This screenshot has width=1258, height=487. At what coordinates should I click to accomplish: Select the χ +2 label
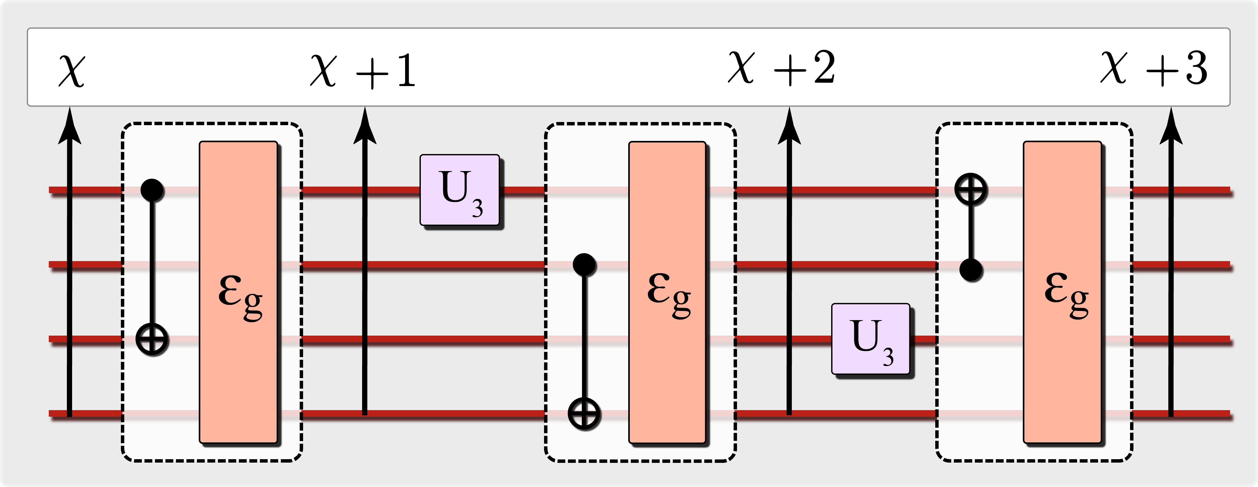coord(781,68)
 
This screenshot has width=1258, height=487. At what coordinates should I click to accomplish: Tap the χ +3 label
coord(1154,68)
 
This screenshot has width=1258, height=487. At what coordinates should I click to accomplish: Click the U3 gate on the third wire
coord(871,339)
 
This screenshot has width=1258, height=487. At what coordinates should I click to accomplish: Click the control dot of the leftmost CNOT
coord(152,190)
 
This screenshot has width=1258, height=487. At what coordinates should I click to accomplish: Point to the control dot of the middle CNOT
coord(584,264)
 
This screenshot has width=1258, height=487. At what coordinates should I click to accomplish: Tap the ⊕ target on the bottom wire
coord(584,414)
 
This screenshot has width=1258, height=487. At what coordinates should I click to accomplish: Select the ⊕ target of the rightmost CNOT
coord(971,190)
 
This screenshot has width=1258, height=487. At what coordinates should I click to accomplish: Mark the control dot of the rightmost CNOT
coord(971,269)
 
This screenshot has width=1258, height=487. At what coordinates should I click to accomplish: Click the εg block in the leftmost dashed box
coord(238,292)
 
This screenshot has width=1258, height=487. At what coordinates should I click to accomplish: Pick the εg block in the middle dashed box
coord(667,292)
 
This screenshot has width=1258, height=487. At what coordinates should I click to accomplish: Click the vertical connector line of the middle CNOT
coord(584,337)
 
